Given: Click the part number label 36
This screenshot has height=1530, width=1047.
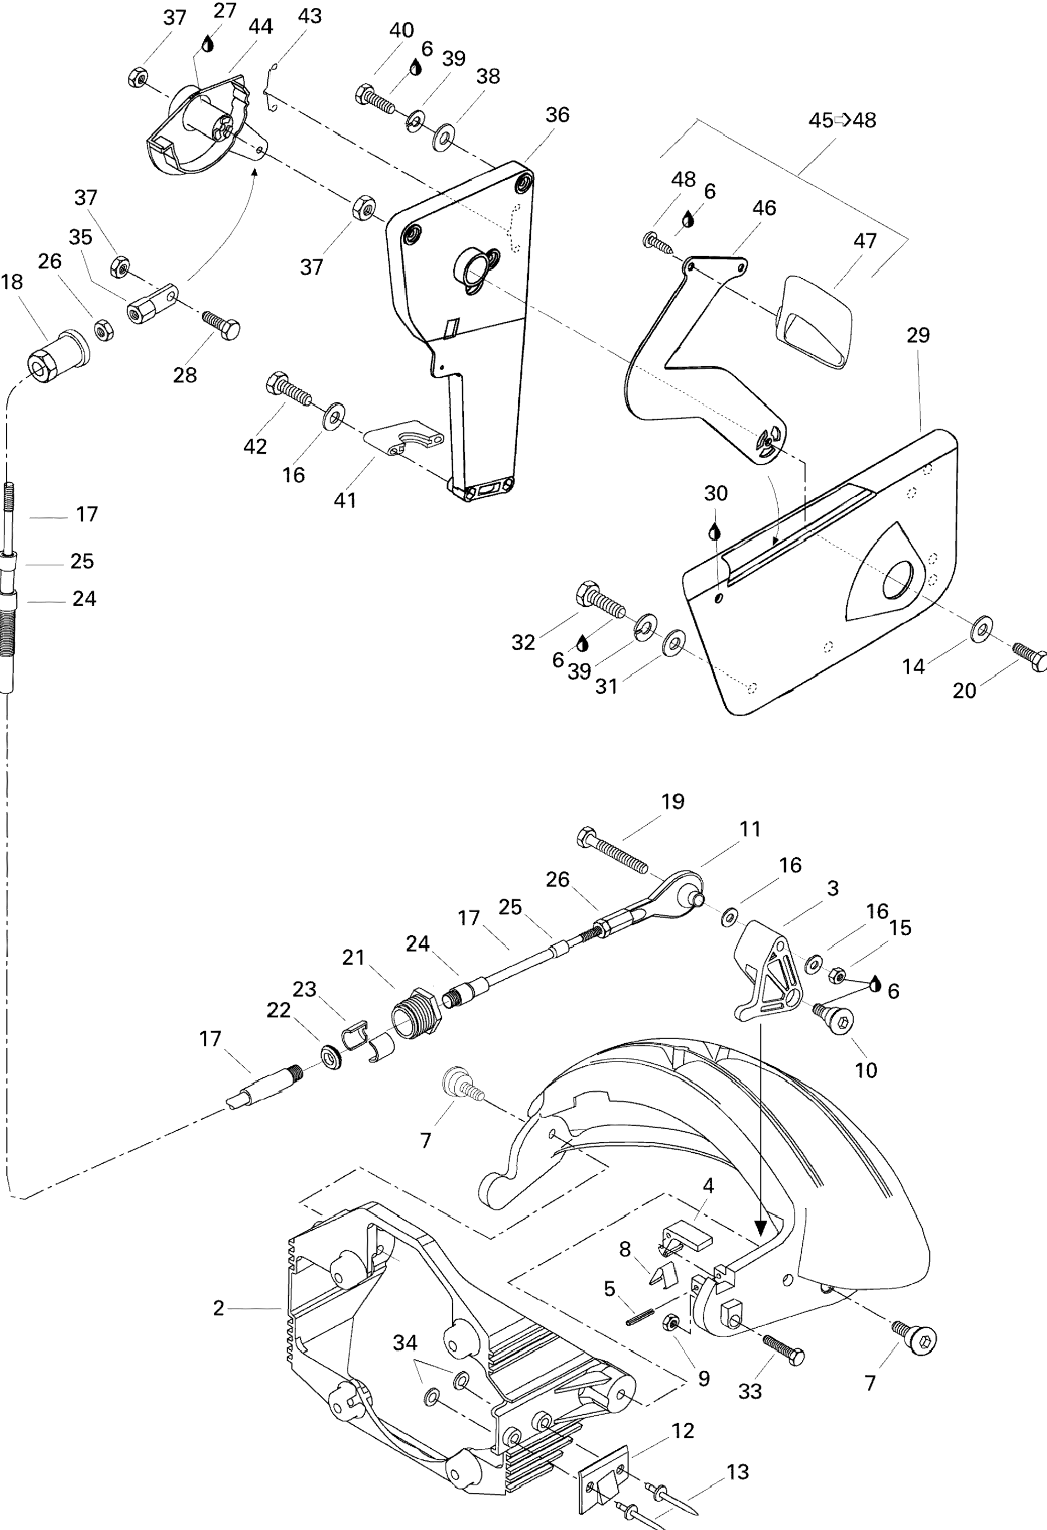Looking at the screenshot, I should [x=557, y=115].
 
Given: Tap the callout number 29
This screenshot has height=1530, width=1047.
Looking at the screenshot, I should [x=918, y=335].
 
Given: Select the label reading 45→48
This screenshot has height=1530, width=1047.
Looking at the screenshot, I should [x=842, y=121].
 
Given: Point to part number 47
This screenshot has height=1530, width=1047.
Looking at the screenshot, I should [x=865, y=241].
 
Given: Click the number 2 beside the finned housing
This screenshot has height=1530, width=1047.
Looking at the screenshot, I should [x=219, y=1308].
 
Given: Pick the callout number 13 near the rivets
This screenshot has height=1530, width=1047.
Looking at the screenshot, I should [x=737, y=1471].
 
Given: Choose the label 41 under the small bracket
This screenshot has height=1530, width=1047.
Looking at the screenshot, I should [x=345, y=500].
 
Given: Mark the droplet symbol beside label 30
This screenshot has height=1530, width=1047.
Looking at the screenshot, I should [x=714, y=531].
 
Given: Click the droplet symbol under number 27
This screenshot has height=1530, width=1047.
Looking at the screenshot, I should [x=208, y=44].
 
